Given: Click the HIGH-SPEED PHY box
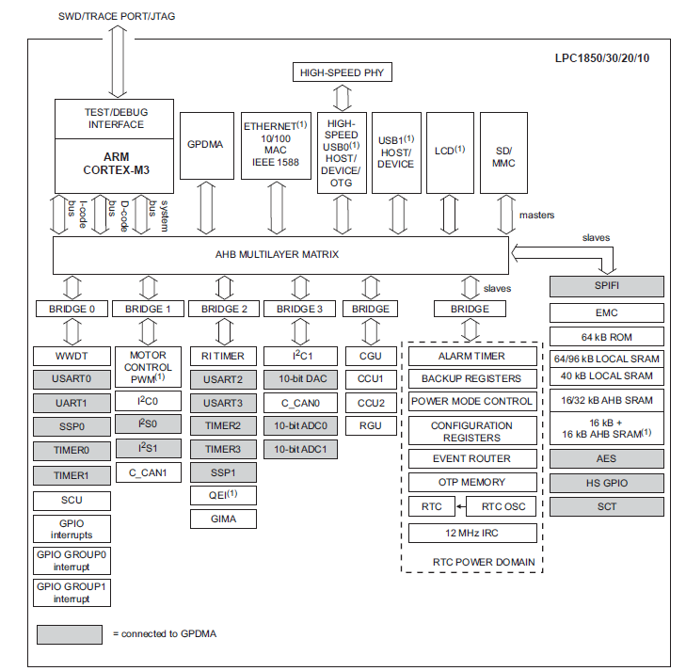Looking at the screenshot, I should pyautogui.click(x=342, y=72).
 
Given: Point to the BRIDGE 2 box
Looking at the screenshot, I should pyautogui.click(x=224, y=309).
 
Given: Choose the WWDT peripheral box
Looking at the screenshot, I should pyautogui.click(x=72, y=357).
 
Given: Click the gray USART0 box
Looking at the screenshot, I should pyautogui.click(x=72, y=379).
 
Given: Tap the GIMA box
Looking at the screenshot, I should pyautogui.click(x=224, y=519).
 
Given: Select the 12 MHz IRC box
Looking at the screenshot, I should pyautogui.click(x=472, y=534).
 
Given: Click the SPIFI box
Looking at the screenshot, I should pyautogui.click(x=606, y=286).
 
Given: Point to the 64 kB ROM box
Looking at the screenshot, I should pyautogui.click(x=606, y=336).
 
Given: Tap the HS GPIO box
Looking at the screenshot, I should pyautogui.click(x=606, y=483).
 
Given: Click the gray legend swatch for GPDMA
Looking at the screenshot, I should pyautogui.click(x=69, y=633).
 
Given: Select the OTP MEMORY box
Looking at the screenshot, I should pyautogui.click(x=472, y=482).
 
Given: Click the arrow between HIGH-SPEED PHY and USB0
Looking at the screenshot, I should pyautogui.click(x=342, y=97).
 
